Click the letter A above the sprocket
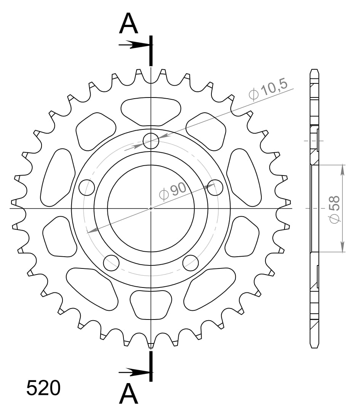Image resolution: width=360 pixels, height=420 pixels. tap(128, 24)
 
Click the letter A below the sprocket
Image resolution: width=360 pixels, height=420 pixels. tap(128, 394)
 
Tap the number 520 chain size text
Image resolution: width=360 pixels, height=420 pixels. tap(43, 388)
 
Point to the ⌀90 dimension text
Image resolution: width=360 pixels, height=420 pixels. tap(173, 191)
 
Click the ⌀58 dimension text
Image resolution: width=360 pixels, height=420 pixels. tap(334, 209)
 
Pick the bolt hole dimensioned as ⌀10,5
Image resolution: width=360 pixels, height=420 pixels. tap(151, 141)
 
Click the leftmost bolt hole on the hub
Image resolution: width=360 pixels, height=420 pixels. tap(86, 187)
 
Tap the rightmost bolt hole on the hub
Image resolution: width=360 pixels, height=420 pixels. tap(215, 187)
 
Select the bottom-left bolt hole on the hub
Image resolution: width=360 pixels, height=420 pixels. tap(111, 262)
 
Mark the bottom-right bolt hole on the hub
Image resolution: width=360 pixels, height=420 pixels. tap(190, 262)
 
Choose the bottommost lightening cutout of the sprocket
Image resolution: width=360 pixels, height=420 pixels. tap(151, 305)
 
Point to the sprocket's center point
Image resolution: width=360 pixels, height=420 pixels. tap(151, 208)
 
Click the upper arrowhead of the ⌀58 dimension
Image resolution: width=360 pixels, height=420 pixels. tap(342, 169)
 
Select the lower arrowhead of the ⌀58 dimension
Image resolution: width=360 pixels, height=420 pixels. tap(342, 247)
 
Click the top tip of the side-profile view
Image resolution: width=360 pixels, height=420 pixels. tap(314, 70)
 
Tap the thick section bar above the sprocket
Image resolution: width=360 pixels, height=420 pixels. tap(151, 50)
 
